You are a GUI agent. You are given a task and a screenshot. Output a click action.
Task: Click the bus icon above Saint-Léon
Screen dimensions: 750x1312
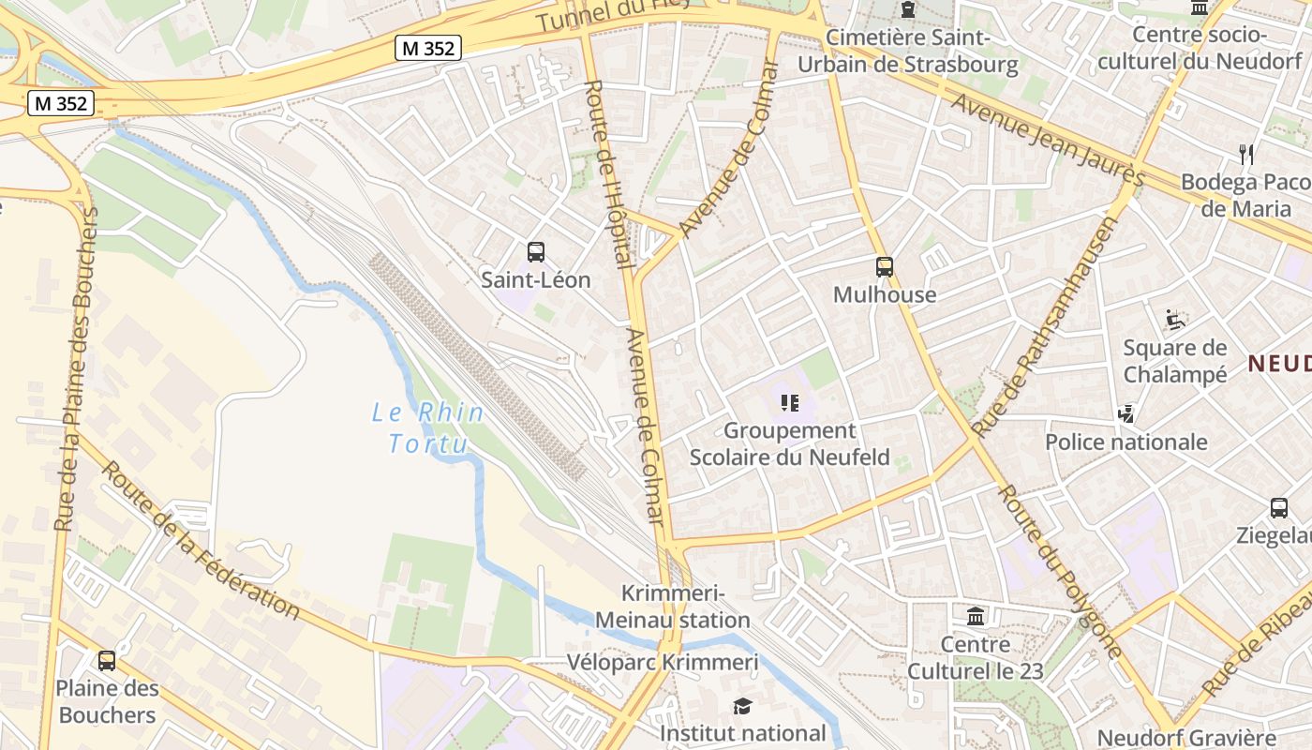[x=535, y=251]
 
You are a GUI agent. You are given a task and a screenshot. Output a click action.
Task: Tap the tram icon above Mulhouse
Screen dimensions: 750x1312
[x=884, y=266]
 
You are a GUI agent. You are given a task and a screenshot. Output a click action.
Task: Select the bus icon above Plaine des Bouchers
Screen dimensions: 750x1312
[x=107, y=660]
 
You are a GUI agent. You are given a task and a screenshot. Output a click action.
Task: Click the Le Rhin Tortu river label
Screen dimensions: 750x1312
[x=428, y=427]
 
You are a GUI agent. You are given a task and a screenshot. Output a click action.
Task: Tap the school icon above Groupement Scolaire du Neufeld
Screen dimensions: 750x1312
[x=789, y=403]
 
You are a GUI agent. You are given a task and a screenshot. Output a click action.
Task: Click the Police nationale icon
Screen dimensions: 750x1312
[x=1126, y=413]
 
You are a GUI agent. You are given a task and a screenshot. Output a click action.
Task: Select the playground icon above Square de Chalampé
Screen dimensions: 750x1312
[x=1174, y=320]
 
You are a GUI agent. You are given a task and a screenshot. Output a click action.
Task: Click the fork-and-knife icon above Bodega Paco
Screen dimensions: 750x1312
[x=1245, y=154]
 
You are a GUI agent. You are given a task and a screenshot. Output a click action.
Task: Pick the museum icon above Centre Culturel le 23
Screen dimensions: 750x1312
[x=975, y=617]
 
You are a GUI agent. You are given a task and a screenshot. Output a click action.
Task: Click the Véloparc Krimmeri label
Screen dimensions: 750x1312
[x=663, y=662]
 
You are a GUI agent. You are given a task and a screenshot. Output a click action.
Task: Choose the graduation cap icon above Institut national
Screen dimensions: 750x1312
[x=742, y=706]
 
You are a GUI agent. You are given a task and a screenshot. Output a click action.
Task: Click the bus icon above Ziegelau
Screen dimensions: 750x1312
[x=1278, y=508]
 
